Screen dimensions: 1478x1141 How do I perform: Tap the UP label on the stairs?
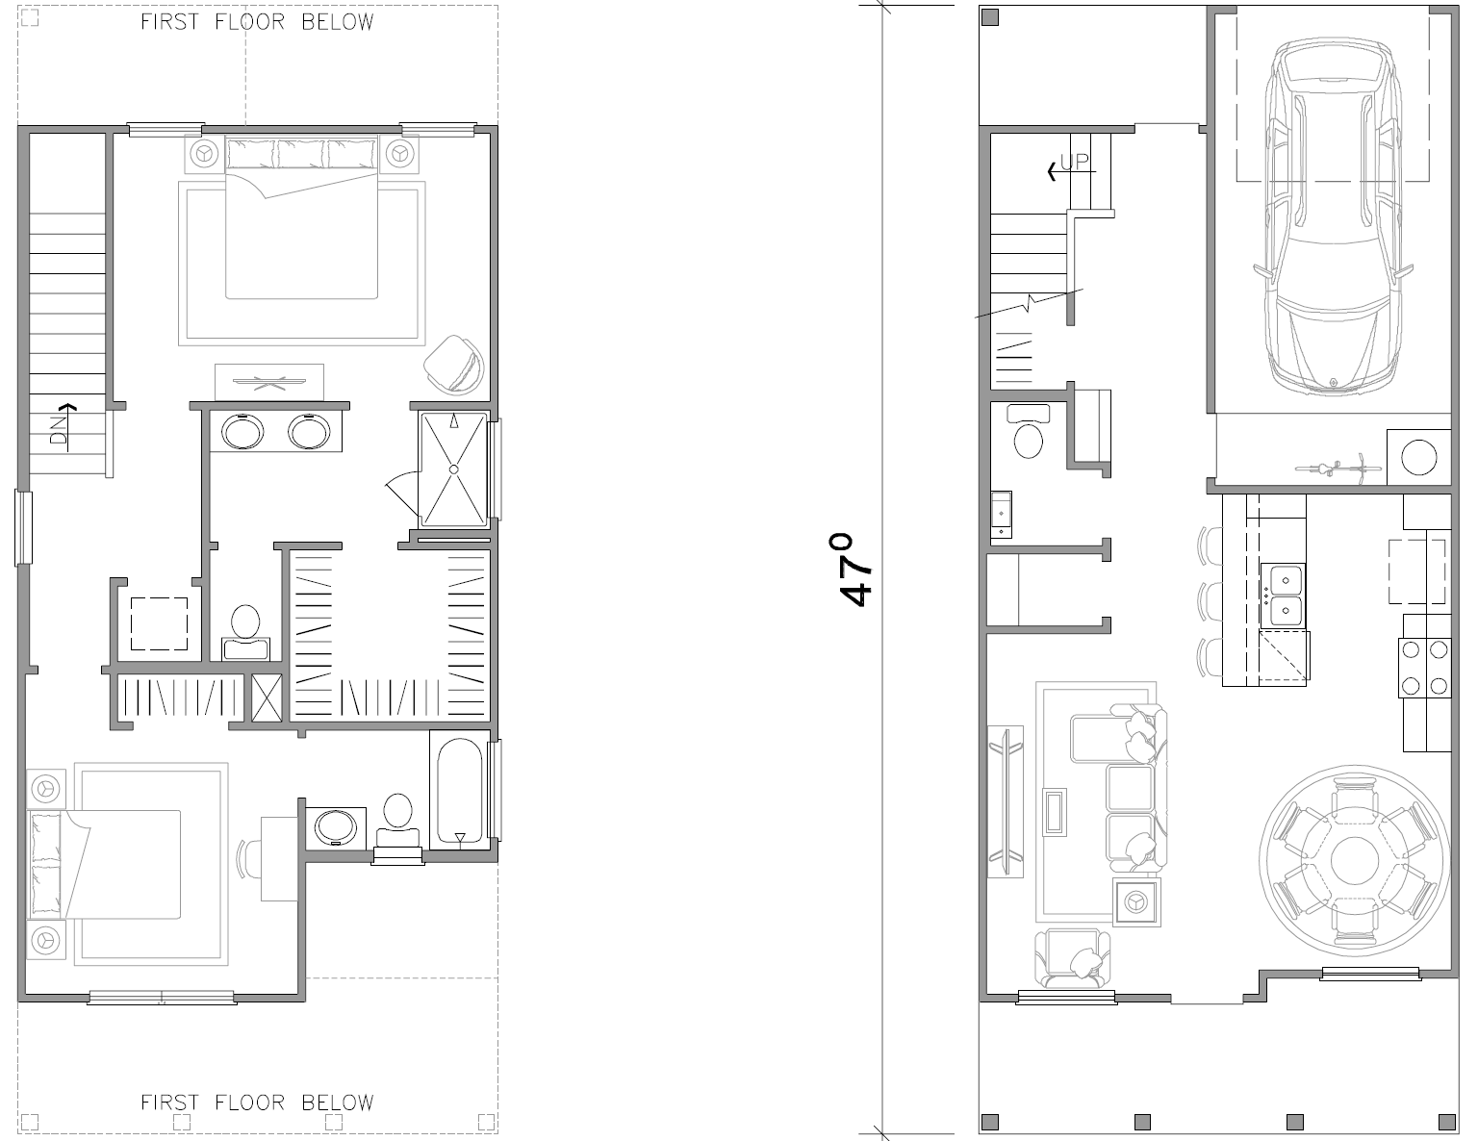point(1075,162)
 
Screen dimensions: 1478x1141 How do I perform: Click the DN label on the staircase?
point(59,430)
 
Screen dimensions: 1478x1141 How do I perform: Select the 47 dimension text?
point(855,570)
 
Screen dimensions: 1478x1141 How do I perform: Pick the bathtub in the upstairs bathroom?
point(460,791)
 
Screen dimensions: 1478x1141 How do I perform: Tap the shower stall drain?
point(453,469)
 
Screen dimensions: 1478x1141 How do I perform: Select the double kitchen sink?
point(1283,595)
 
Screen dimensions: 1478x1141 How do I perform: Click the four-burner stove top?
point(1424,668)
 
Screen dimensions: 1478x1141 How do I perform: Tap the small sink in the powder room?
point(1001,515)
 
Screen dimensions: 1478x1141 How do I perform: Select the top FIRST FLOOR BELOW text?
point(257,22)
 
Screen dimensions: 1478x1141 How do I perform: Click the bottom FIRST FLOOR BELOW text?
point(257,1103)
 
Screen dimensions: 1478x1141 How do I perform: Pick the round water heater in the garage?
point(1419,457)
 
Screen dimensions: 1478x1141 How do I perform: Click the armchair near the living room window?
point(1073,959)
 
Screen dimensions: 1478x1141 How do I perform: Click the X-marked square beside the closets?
point(267,697)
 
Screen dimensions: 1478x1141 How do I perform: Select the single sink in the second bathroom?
point(335,826)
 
